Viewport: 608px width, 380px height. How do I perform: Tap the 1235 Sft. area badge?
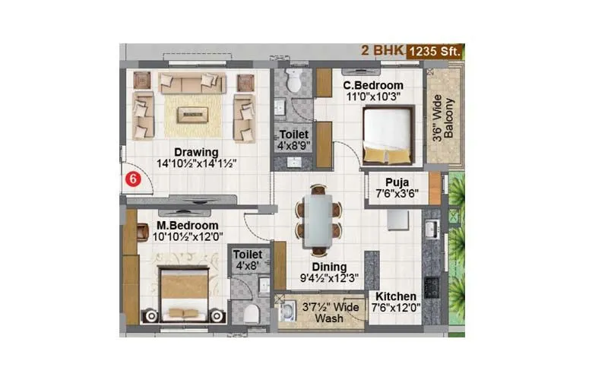point(435,52)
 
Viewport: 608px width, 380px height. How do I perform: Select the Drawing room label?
point(195,151)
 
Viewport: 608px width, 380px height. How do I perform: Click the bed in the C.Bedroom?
point(388,135)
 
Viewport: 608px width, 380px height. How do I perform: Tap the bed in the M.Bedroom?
point(185,293)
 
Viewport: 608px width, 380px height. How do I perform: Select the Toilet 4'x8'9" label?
point(293,140)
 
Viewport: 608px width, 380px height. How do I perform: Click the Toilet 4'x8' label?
point(247,260)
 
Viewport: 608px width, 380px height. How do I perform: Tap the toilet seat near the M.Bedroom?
point(252,313)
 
